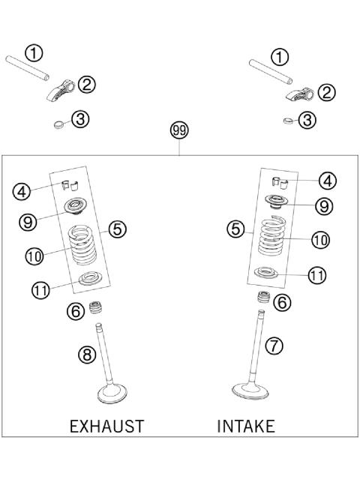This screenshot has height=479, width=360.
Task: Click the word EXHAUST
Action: click(x=106, y=427)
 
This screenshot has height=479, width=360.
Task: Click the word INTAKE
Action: click(x=245, y=427)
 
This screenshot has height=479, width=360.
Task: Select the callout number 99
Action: click(x=179, y=130)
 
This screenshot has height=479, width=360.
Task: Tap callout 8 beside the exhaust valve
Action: click(x=87, y=355)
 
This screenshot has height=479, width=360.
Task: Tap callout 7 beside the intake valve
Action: click(x=275, y=346)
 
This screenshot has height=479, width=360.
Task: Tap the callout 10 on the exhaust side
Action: click(x=34, y=256)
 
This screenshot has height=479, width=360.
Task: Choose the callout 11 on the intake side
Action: click(x=317, y=275)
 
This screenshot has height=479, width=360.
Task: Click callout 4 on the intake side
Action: click(x=327, y=180)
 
